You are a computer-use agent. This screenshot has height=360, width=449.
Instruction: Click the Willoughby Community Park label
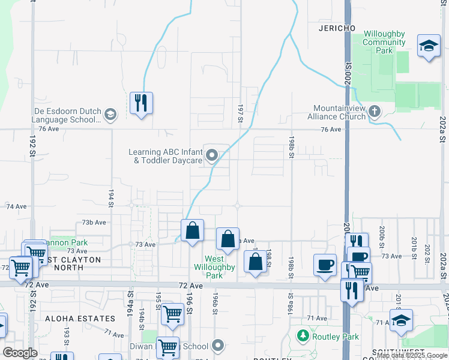pyautogui.click(x=385, y=43)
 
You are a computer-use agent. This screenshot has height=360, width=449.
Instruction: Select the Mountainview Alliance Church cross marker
pyautogui.click(x=375, y=111)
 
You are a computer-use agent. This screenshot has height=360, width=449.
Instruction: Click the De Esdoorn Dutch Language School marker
pyautogui.click(x=110, y=114)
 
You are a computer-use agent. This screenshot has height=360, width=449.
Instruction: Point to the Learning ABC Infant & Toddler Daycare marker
pyautogui.click(x=211, y=156)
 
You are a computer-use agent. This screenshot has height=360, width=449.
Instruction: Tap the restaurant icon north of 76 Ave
pyautogui.click(x=141, y=103)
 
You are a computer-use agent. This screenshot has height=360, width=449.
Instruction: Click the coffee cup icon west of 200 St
pyautogui.click(x=325, y=265)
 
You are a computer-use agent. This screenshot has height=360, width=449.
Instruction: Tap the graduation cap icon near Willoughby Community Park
pyautogui.click(x=429, y=46)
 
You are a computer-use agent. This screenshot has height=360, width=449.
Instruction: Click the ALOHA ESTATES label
pyautogui.click(x=80, y=319)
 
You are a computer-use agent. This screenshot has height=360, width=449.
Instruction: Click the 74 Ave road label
pyautogui.click(x=16, y=206)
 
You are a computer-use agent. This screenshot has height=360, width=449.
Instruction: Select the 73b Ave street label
pyautogui.click(x=94, y=222)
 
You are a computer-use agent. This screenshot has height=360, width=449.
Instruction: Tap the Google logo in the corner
pyautogui.click(x=20, y=353)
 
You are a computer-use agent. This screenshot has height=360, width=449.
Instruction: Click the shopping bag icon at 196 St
pyautogui.click(x=192, y=230)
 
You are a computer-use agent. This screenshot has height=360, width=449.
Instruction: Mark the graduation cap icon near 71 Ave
pyautogui.click(x=400, y=319)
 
